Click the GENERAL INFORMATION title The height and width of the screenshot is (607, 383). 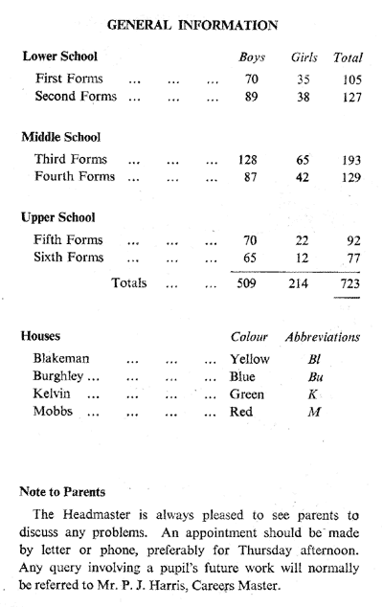(x=192, y=25)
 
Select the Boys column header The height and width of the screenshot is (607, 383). (x=252, y=57)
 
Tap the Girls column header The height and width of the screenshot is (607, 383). (x=304, y=57)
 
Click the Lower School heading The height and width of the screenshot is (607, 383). (x=60, y=56)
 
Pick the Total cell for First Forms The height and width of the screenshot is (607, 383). (x=351, y=79)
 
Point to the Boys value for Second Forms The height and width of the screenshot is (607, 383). (x=251, y=97)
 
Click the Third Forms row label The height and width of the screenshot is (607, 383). (x=71, y=159)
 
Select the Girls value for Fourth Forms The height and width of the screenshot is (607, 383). (x=302, y=177)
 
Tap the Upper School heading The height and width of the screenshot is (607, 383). (x=58, y=217)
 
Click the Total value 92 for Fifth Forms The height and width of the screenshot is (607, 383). (x=353, y=240)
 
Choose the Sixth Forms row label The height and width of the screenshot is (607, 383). (x=69, y=257)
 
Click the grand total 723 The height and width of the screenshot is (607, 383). (x=350, y=283)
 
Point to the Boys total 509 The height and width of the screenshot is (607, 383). (x=246, y=283)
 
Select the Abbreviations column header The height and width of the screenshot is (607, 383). (x=323, y=337)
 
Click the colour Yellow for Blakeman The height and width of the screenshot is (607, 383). (x=249, y=359)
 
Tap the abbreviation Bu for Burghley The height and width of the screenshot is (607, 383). (x=315, y=376)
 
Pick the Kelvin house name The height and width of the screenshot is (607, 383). (x=52, y=393)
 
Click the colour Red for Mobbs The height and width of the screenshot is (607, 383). (x=241, y=411)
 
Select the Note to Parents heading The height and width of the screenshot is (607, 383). (x=62, y=492)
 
